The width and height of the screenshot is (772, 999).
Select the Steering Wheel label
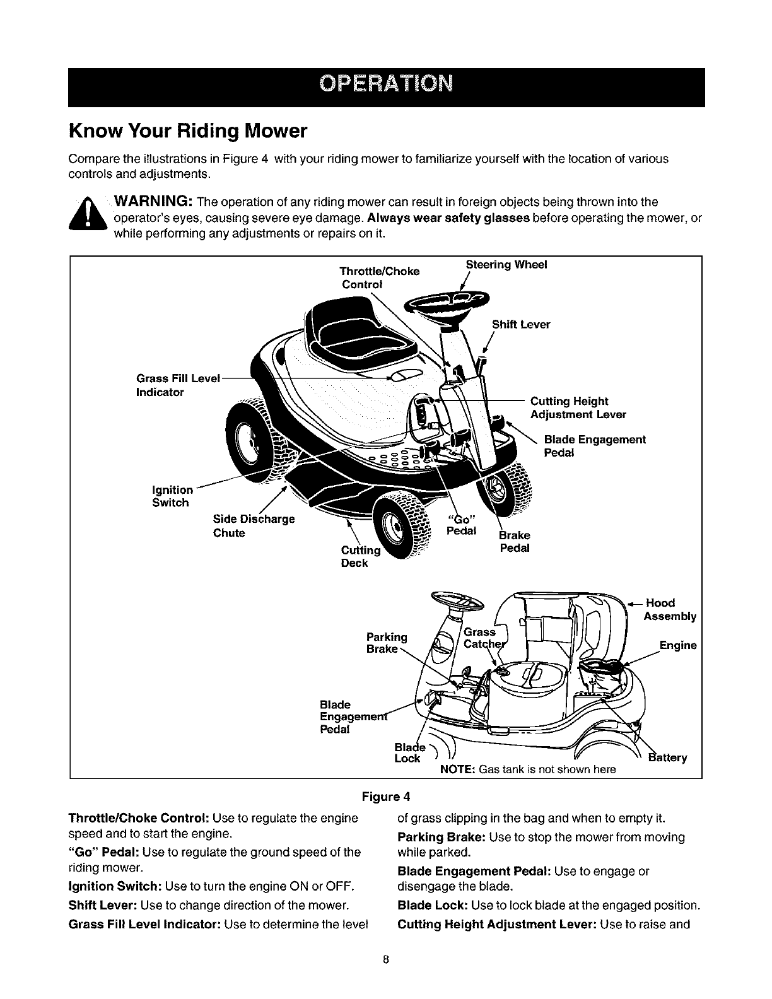pyautogui.click(x=506, y=265)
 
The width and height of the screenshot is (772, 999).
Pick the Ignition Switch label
pyautogui.click(x=172, y=496)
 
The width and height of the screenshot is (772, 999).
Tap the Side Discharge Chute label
pyautogui.click(x=254, y=526)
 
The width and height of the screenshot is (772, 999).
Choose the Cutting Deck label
pyautogui.click(x=360, y=556)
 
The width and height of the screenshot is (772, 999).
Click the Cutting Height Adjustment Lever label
pyautogui.click(x=578, y=408)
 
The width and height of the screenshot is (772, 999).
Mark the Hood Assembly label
pyautogui.click(x=669, y=609)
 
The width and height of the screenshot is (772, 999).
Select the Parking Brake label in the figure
pyautogui.click(x=386, y=643)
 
